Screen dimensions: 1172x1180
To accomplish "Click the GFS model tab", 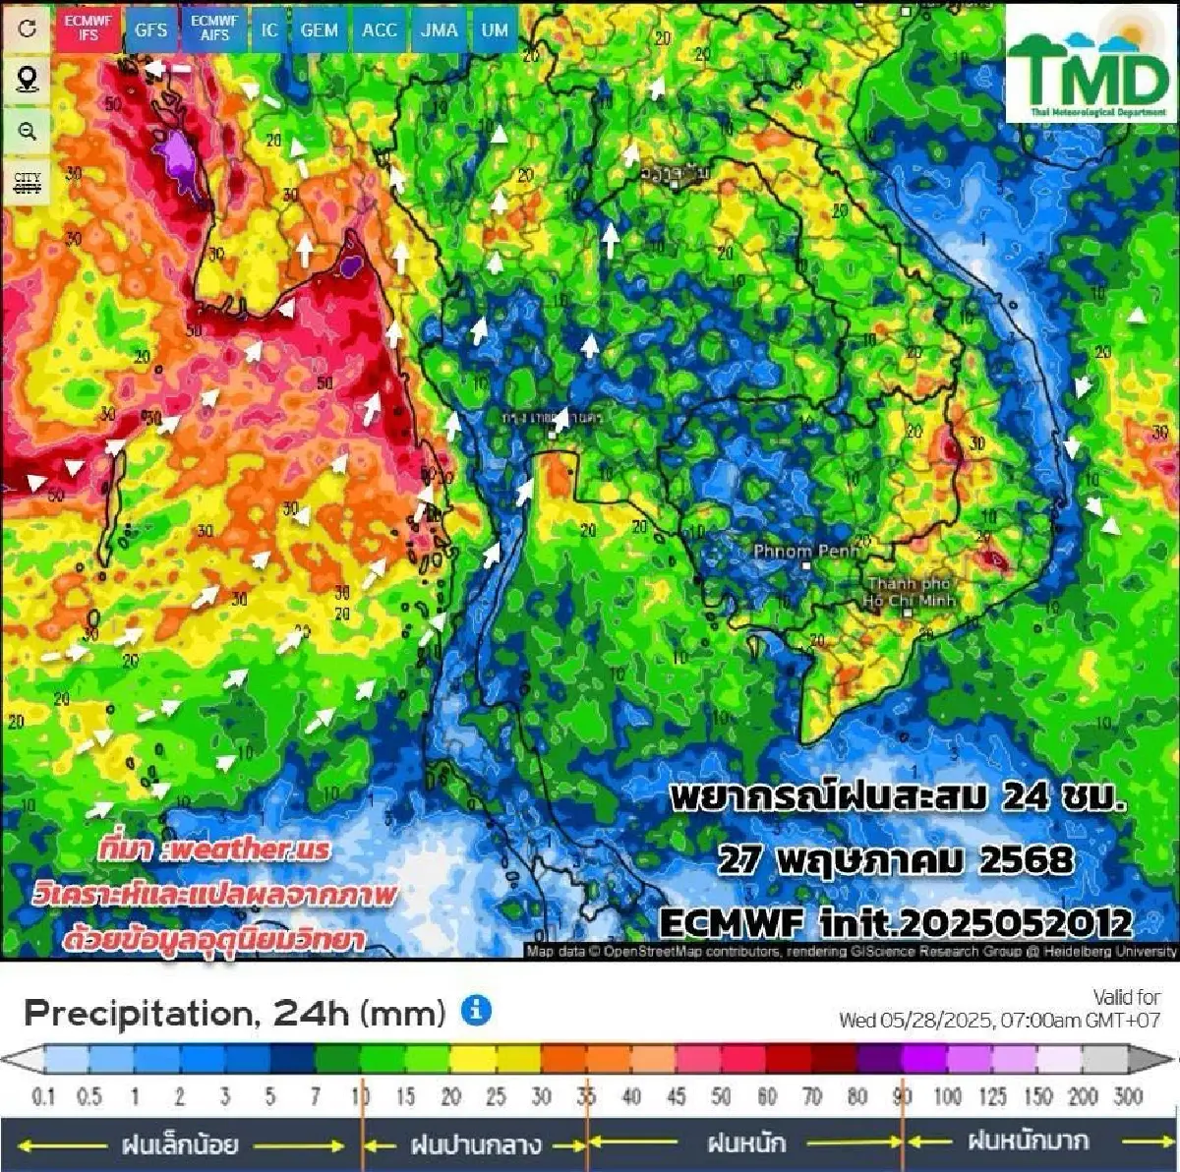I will tap(150, 29).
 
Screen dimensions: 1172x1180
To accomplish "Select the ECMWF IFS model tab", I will tap(88, 28).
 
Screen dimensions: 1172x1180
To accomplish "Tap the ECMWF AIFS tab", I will tap(214, 28).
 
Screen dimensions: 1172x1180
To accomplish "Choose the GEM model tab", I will tap(319, 29).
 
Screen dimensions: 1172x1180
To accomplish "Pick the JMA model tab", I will tap(439, 29).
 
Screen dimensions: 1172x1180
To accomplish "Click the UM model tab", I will tap(495, 29).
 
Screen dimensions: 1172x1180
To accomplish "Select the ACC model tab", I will tap(379, 29).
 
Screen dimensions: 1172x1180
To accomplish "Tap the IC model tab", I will tap(269, 29).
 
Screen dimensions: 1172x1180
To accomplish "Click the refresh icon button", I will tap(28, 28).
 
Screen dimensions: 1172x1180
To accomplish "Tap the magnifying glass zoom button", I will tap(28, 131).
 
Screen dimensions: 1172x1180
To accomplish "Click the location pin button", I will tap(28, 79).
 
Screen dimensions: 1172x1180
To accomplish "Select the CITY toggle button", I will tap(28, 182).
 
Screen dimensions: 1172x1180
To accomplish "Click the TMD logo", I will tap(1089, 67).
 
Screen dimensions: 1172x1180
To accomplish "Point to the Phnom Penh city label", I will tap(806, 552).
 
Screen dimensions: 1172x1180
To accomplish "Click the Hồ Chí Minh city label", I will tap(909, 592).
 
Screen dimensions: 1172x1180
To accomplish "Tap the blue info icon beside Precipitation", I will tap(476, 1010).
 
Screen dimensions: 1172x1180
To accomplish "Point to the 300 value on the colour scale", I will tap(1128, 1096).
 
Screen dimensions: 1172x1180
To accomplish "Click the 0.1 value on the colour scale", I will tap(43, 1096).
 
